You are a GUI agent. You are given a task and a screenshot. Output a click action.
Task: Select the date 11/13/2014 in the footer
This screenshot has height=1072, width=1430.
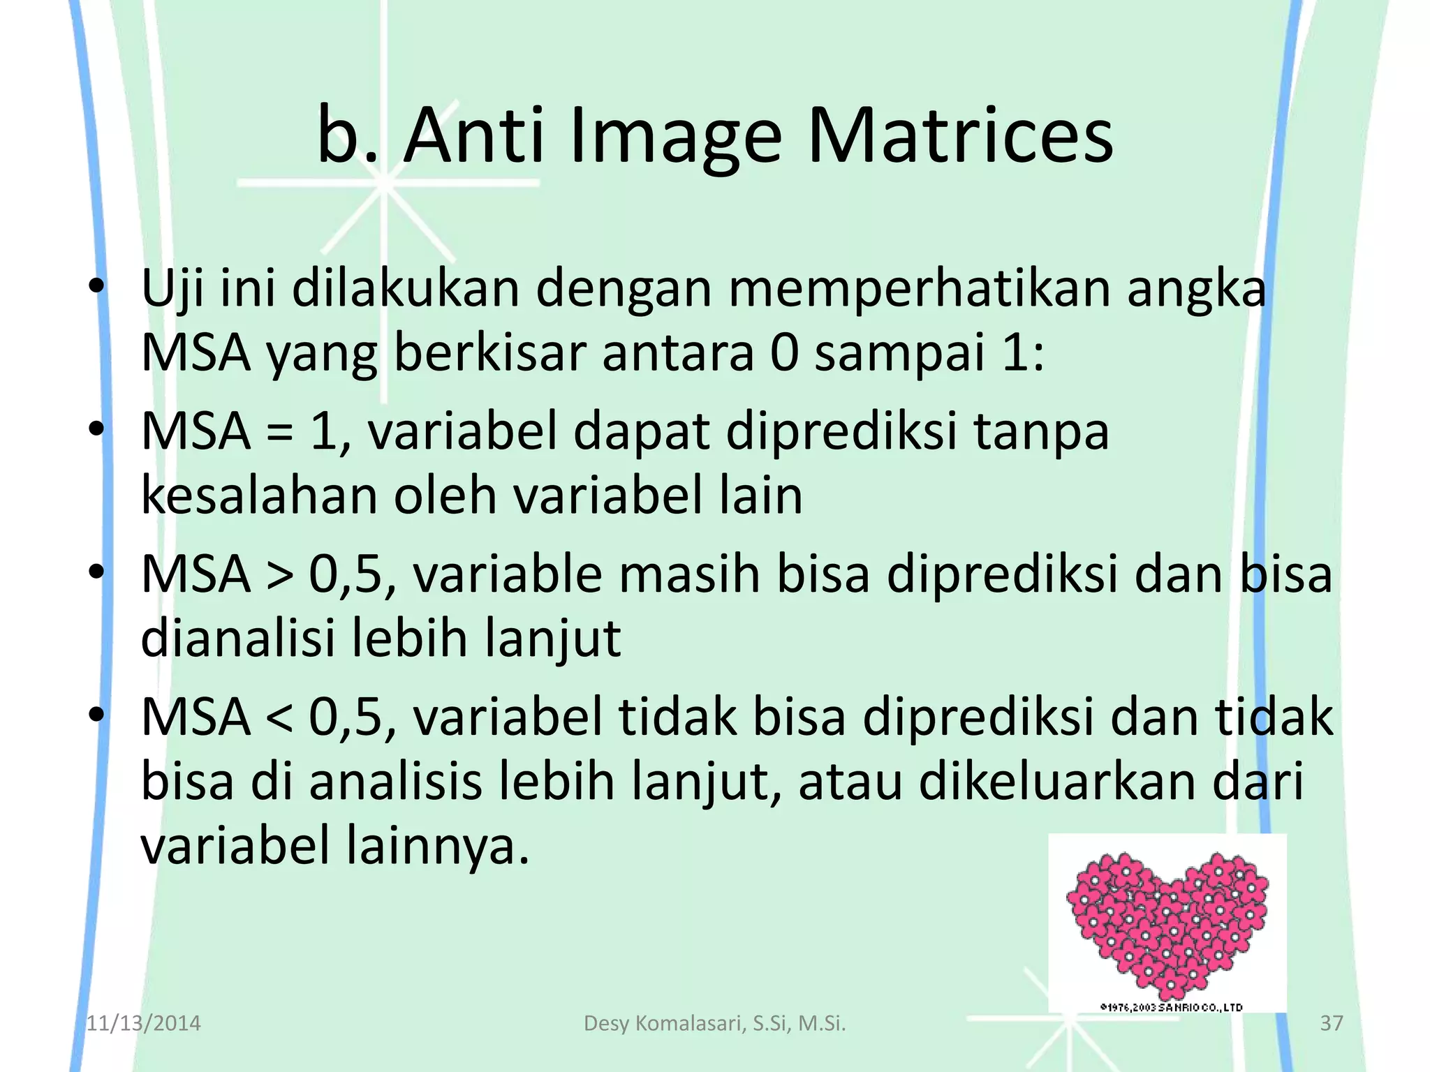pyautogui.click(x=143, y=1023)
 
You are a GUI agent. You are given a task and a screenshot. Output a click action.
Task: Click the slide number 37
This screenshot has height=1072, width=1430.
pyautogui.click(x=1332, y=1023)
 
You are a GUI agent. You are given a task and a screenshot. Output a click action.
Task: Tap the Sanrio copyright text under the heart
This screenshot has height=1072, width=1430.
pyautogui.click(x=1171, y=1007)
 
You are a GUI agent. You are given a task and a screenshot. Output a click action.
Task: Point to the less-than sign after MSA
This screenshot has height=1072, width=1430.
pyautogui.click(x=280, y=718)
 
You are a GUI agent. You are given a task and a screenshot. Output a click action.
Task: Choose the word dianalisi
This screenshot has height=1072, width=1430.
pyautogui.click(x=238, y=638)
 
